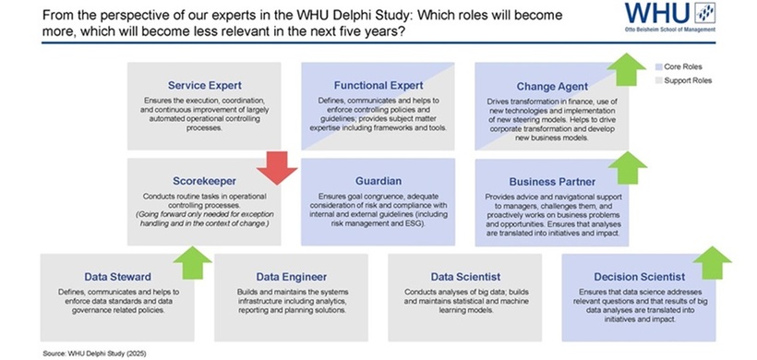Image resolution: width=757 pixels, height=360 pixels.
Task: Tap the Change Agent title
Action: point(552,86)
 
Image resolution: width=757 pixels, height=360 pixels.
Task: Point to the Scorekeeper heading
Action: point(204,180)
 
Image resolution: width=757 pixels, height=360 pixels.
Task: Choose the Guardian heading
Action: point(377,180)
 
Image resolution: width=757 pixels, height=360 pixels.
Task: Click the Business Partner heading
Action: point(552,181)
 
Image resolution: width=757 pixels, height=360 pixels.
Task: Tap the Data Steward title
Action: point(117,276)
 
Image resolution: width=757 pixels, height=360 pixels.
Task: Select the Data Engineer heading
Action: point(291,276)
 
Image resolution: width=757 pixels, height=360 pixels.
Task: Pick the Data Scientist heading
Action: point(465,276)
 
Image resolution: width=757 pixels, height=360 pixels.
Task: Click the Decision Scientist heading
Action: point(639,276)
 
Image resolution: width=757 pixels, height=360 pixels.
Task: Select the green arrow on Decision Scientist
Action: point(711,262)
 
